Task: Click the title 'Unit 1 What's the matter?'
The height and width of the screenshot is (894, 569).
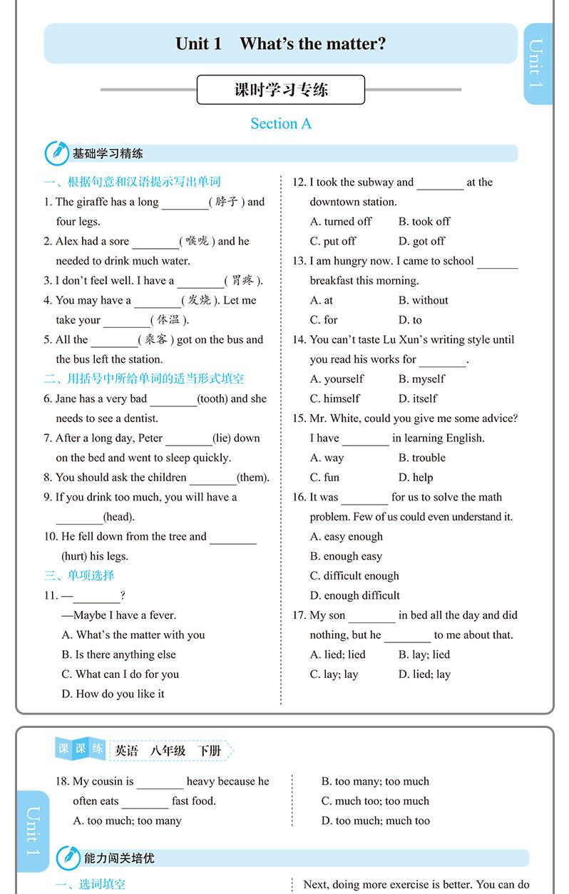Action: click(280, 43)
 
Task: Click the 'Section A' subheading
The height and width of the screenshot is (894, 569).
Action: click(281, 124)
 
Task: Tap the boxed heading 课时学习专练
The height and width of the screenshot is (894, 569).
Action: click(281, 90)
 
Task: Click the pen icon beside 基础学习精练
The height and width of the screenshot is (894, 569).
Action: click(57, 153)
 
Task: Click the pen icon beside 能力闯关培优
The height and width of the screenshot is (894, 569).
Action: click(68, 858)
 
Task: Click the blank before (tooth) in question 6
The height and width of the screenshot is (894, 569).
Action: click(173, 399)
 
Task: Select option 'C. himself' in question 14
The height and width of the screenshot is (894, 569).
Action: click(334, 399)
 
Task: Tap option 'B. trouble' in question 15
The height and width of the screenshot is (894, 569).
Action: click(421, 458)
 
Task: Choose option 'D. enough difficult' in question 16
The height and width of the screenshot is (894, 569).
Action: click(354, 595)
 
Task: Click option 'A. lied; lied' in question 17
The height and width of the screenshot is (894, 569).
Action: click(337, 654)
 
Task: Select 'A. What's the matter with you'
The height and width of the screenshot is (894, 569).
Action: click(133, 634)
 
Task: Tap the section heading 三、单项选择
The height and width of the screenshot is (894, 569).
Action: click(79, 575)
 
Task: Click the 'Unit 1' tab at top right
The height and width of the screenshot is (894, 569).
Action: click(537, 64)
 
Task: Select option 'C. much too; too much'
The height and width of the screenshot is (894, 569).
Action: click(375, 801)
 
